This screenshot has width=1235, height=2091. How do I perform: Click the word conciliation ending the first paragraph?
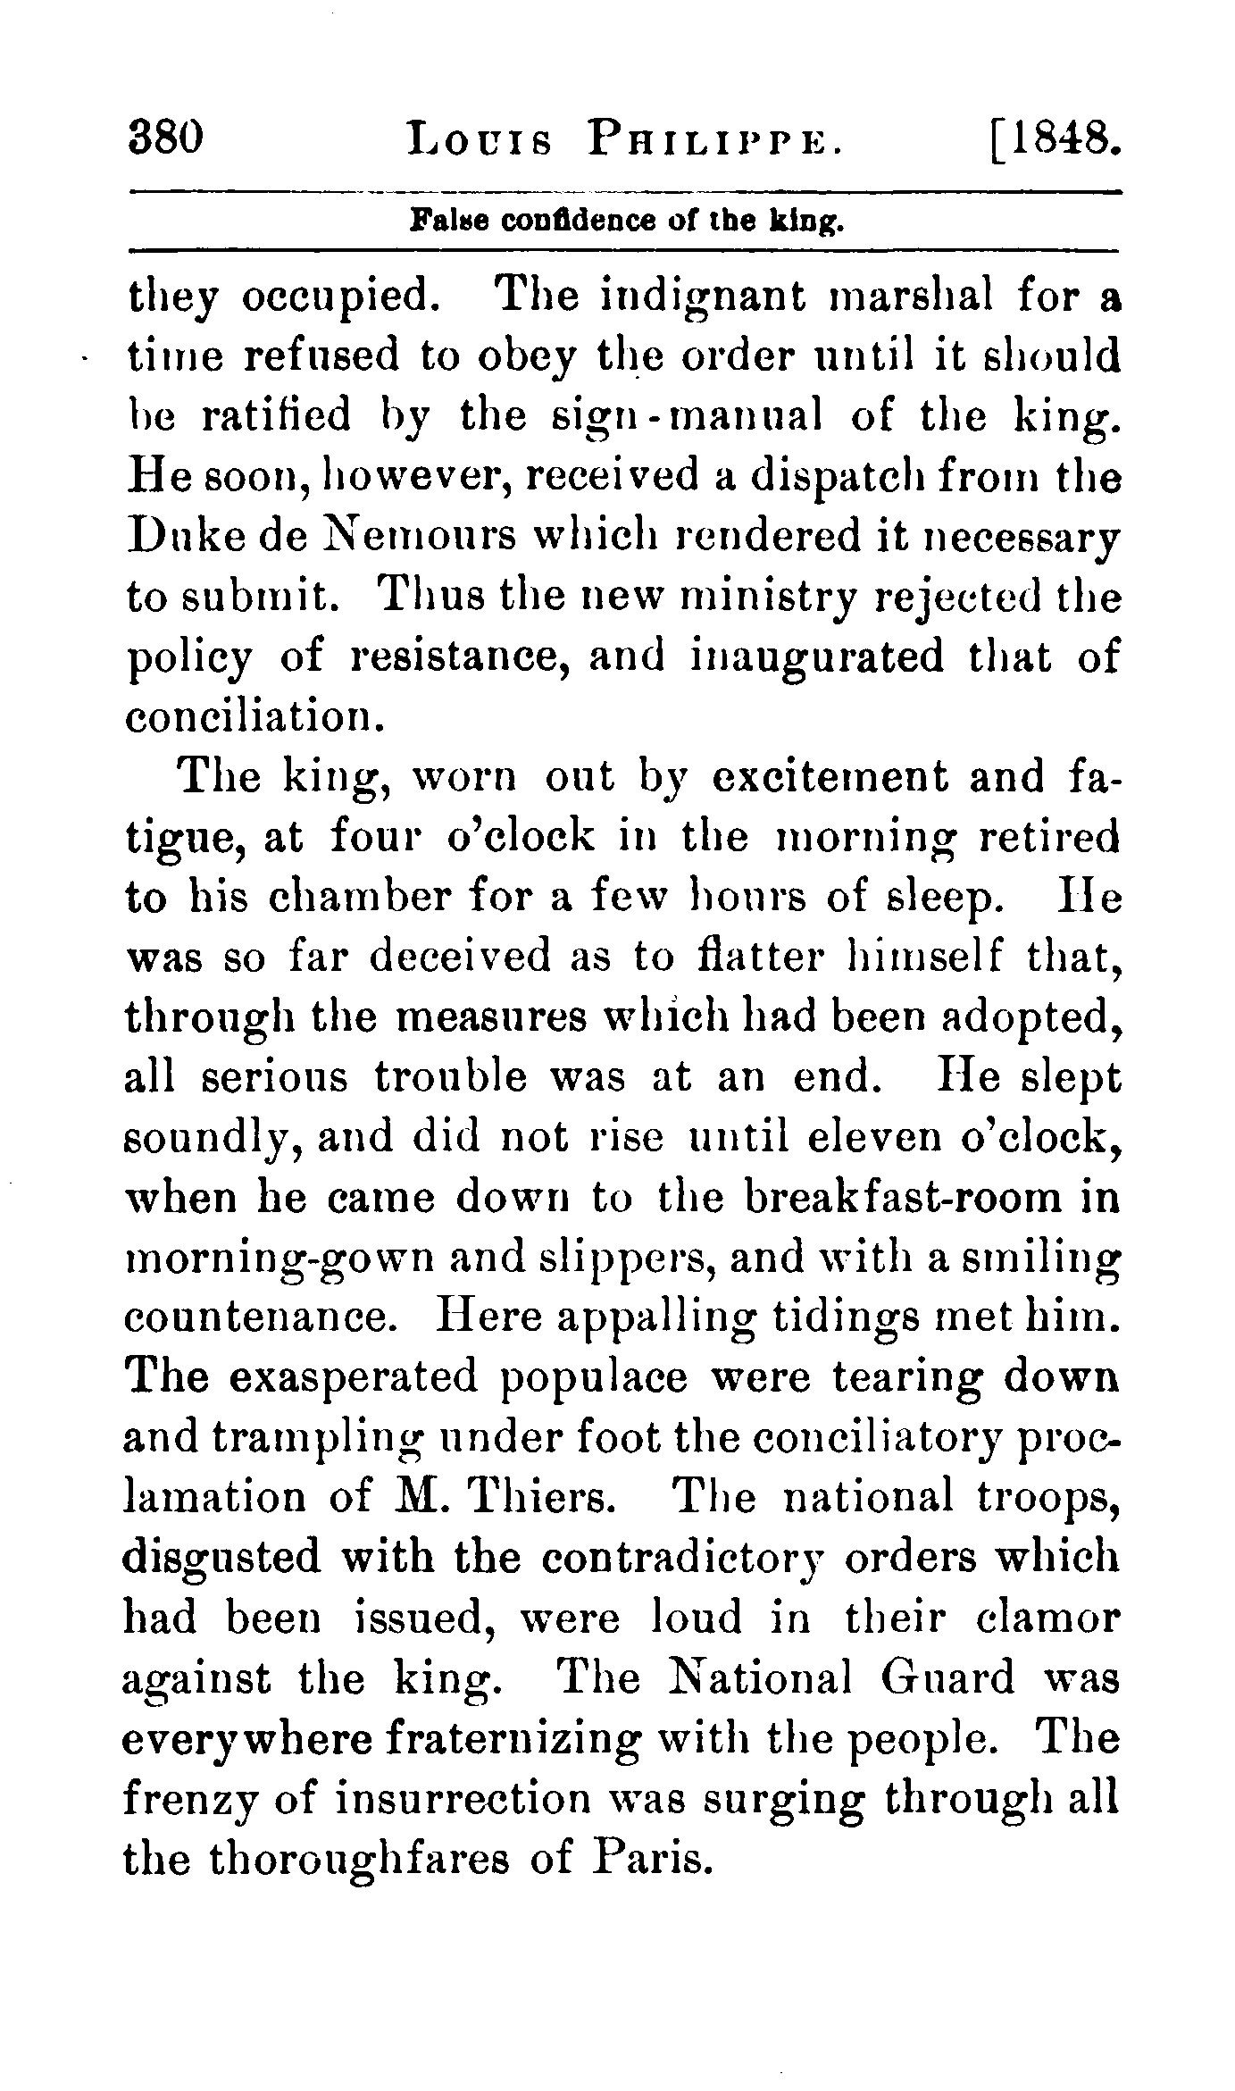(246, 717)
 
